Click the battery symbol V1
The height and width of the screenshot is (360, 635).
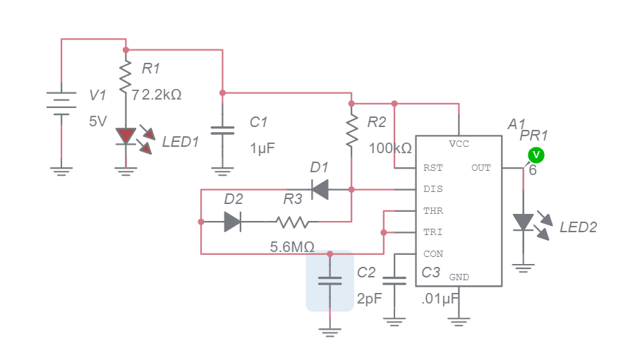click(x=61, y=103)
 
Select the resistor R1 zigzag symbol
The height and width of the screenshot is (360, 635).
click(x=126, y=78)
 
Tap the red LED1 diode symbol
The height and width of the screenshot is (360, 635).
click(x=126, y=136)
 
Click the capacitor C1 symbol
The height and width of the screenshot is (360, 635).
click(x=223, y=131)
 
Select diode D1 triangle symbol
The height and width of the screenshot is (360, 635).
click(x=321, y=189)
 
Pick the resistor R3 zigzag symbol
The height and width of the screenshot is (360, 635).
click(x=293, y=222)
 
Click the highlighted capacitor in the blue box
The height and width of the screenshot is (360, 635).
click(x=329, y=280)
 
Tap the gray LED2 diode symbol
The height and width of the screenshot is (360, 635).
click(x=523, y=222)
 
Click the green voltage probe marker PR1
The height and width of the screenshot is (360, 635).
click(x=536, y=155)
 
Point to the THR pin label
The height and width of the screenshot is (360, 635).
click(x=432, y=211)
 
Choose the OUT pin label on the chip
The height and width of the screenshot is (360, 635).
click(x=481, y=169)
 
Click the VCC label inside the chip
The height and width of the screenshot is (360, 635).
click(x=459, y=144)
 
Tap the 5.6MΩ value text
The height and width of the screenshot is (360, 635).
click(x=292, y=248)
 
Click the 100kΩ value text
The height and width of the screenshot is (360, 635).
click(x=390, y=149)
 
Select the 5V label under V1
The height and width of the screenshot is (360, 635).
click(x=97, y=121)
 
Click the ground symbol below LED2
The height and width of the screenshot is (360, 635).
click(x=523, y=268)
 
